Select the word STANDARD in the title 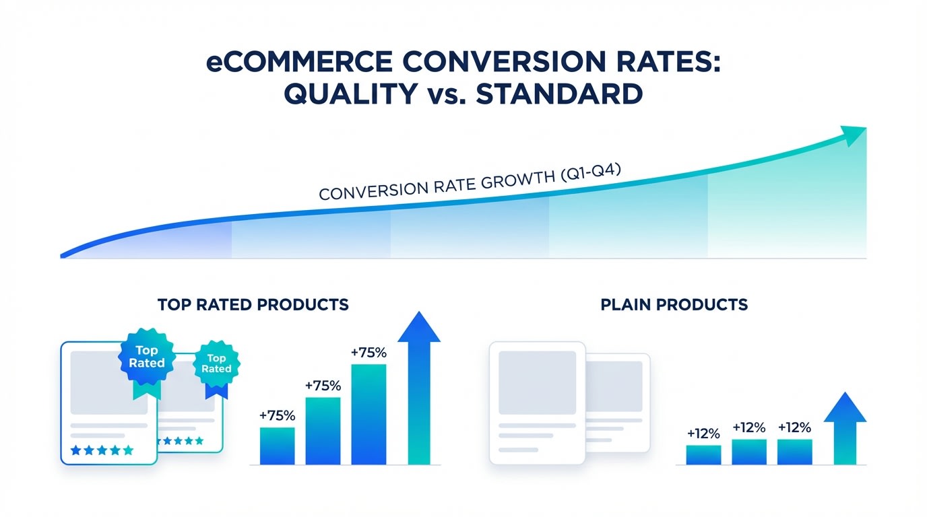558,94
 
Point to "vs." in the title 447,94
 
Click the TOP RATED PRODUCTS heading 253,304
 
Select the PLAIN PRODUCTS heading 674,304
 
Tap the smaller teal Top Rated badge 216,364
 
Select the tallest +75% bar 369,414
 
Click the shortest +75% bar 277,446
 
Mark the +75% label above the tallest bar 369,352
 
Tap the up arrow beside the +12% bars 845,431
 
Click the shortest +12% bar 703,454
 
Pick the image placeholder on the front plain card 537,382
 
